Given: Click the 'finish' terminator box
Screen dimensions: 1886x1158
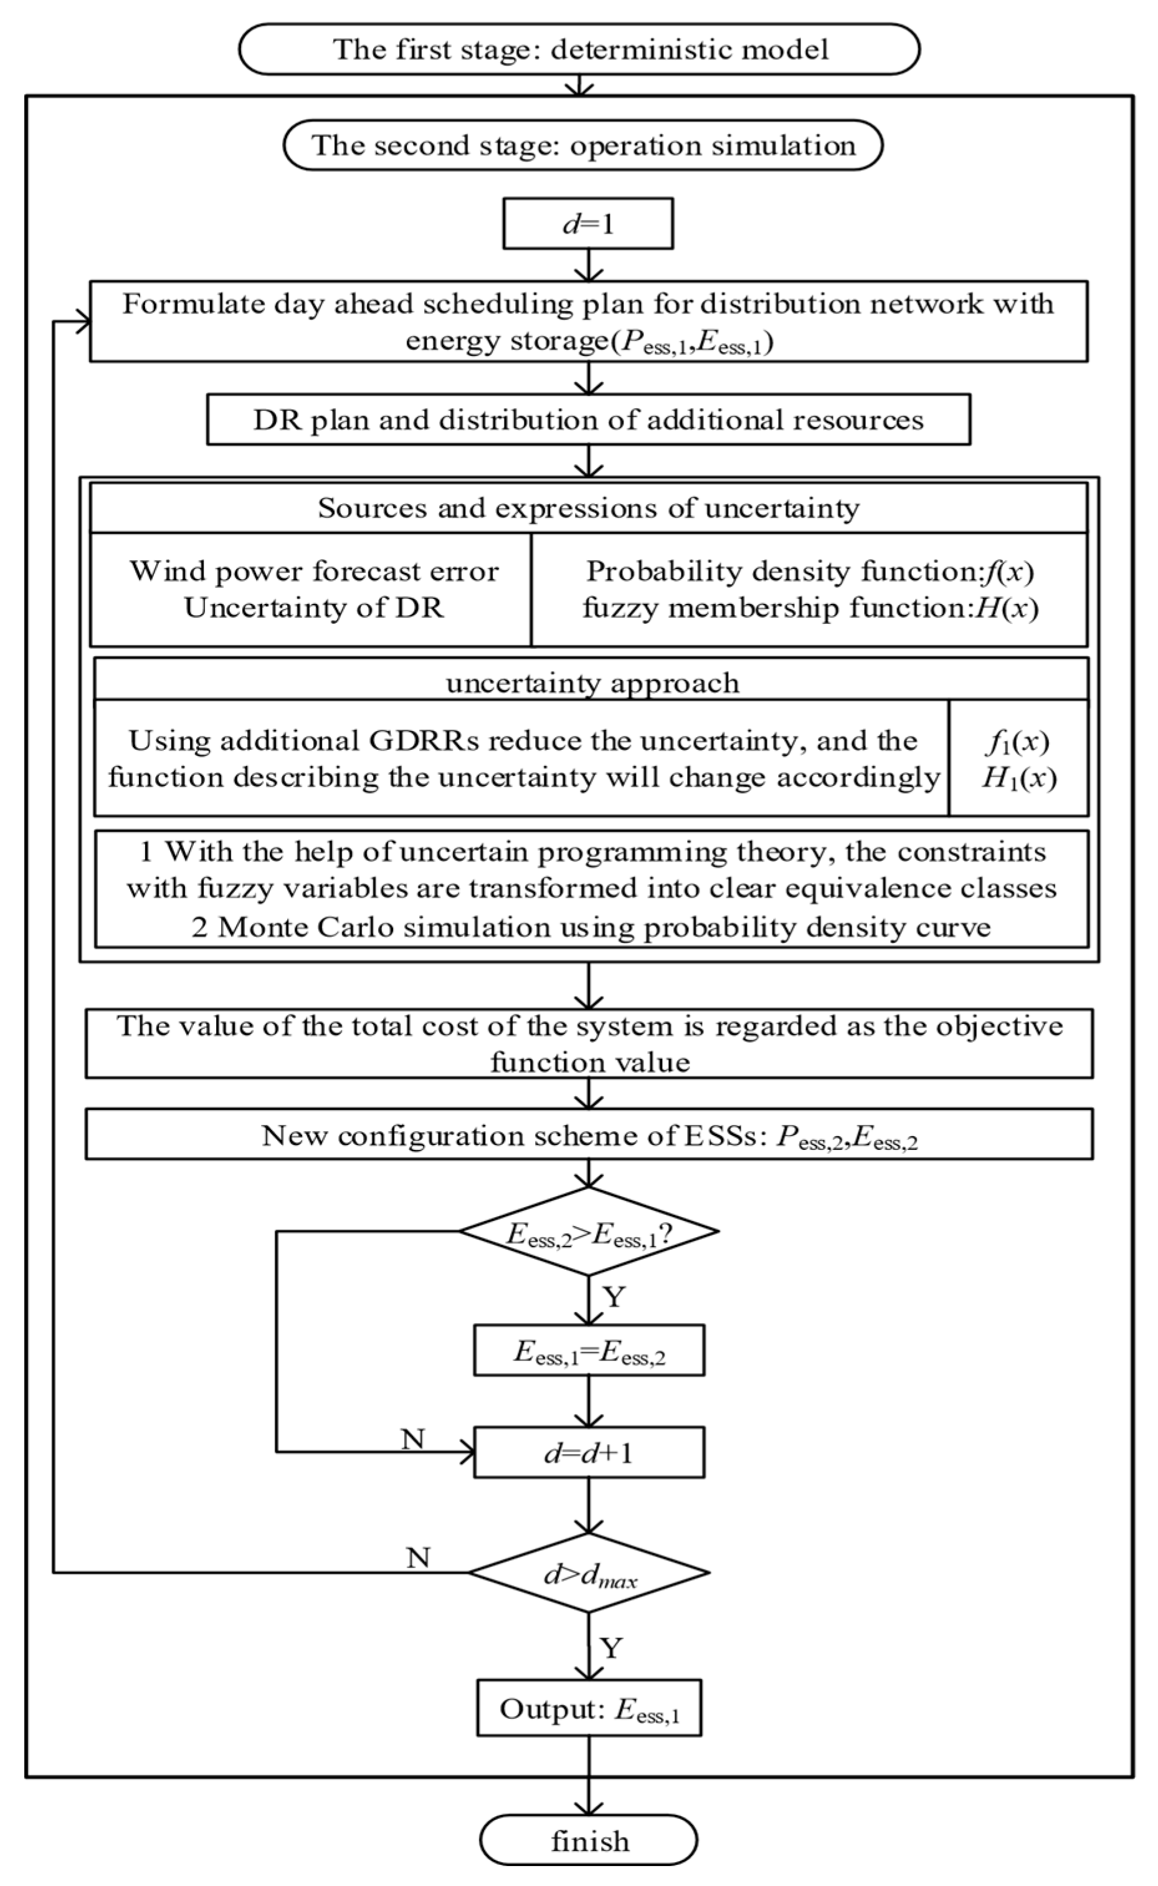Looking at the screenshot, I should pos(588,1840).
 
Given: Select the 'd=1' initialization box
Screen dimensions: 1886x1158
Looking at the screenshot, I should pos(587,224).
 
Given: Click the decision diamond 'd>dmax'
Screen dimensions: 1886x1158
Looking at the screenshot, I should pos(589,1572).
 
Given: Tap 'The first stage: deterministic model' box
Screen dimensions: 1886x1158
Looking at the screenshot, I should pos(579,49).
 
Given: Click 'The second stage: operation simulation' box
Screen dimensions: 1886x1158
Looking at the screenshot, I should pos(583,145).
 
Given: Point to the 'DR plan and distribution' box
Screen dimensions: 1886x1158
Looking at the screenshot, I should pos(588,419).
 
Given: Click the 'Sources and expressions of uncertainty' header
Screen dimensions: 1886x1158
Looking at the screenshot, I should pos(588,507).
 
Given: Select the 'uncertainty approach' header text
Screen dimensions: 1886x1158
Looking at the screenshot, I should pos(592,682).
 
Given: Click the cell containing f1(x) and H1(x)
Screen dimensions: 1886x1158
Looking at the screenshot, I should pos(1018,759).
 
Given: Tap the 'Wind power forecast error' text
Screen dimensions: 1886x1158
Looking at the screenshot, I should pos(313,571).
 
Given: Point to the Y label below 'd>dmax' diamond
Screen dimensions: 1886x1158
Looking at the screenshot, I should pos(610,1647).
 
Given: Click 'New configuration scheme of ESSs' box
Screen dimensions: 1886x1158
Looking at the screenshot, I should pos(588,1134).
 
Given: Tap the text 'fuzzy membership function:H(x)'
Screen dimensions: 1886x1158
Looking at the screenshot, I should pos(810,608).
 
